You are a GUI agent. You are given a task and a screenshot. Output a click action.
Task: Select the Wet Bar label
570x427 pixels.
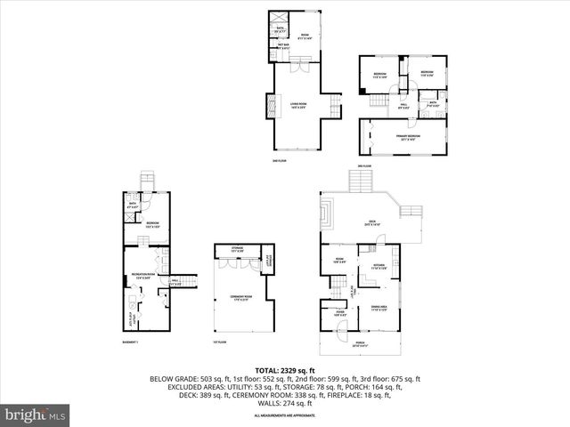tap(282, 47)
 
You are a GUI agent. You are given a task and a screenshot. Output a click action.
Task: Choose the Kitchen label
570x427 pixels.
tap(379, 265)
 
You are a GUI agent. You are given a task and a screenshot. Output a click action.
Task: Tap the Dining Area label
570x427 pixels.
tap(380, 309)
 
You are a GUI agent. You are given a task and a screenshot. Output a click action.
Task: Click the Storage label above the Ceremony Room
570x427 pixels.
tap(237, 249)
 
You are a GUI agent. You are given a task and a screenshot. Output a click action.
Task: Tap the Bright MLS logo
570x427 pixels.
tap(37, 415)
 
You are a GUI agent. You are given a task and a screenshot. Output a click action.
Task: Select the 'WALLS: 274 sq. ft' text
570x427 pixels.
tap(286, 403)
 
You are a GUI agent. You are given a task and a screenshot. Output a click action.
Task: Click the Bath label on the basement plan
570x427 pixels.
tap(134, 205)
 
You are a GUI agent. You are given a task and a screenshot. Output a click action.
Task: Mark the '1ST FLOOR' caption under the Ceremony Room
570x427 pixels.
tap(219, 342)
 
